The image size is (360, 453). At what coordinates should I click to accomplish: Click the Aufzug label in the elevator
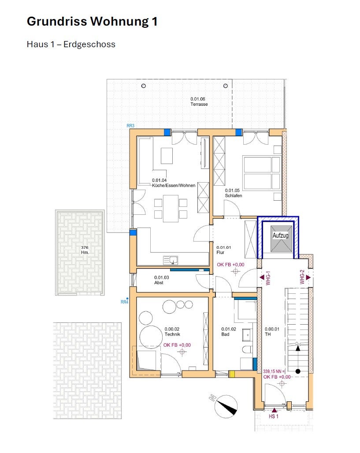coord(280,236)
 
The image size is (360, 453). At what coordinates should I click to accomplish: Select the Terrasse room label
coord(199,104)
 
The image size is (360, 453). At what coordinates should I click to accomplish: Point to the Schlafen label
coord(233,195)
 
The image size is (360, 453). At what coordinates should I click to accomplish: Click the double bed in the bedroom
coord(262,173)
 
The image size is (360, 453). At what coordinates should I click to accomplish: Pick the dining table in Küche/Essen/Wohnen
coord(171,208)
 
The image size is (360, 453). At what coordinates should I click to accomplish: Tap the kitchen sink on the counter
coord(171,260)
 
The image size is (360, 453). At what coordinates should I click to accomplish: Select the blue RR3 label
coord(130,126)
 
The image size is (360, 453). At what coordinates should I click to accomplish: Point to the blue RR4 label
coord(124,302)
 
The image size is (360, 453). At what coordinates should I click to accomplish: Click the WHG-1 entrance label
coord(268,278)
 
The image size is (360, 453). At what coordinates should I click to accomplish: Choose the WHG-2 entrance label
coord(302,277)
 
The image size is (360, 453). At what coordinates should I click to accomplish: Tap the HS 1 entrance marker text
coord(273,416)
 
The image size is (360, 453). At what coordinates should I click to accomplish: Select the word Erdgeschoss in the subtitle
coord(89,44)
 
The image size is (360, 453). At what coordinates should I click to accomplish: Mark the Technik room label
coord(172,334)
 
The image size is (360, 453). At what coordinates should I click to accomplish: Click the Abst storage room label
coord(159,283)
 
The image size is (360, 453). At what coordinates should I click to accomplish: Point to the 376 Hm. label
coord(85,250)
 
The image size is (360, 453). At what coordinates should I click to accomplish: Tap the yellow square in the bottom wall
coord(232,374)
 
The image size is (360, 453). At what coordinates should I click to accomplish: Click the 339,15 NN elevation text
coord(274,371)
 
